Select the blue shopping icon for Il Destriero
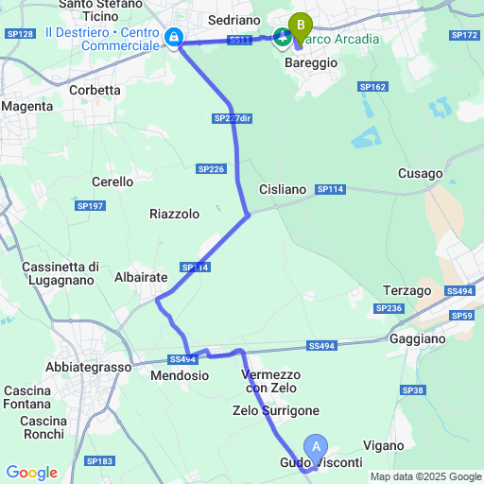coord(174,38)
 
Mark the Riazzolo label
coord(174,214)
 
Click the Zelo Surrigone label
coord(276,410)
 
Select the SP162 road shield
coord(372,86)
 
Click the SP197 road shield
coord(90,205)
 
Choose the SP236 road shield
coord(389,308)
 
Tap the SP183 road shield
coord(98,460)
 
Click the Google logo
coord(30,472)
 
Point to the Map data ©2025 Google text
coord(424,476)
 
